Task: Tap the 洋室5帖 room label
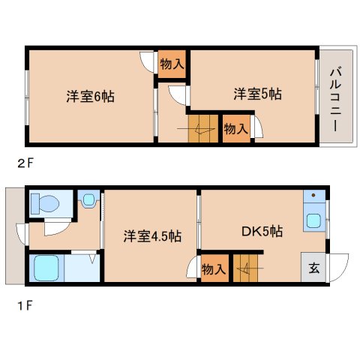256,94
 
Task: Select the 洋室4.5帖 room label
152,235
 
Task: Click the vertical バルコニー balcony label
335,97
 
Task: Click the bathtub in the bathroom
43,268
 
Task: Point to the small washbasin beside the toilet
88,200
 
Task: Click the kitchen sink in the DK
314,221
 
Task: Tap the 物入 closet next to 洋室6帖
172,64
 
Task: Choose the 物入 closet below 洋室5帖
235,129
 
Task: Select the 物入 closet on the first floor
214,268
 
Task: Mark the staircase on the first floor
247,268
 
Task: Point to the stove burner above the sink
313,198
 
